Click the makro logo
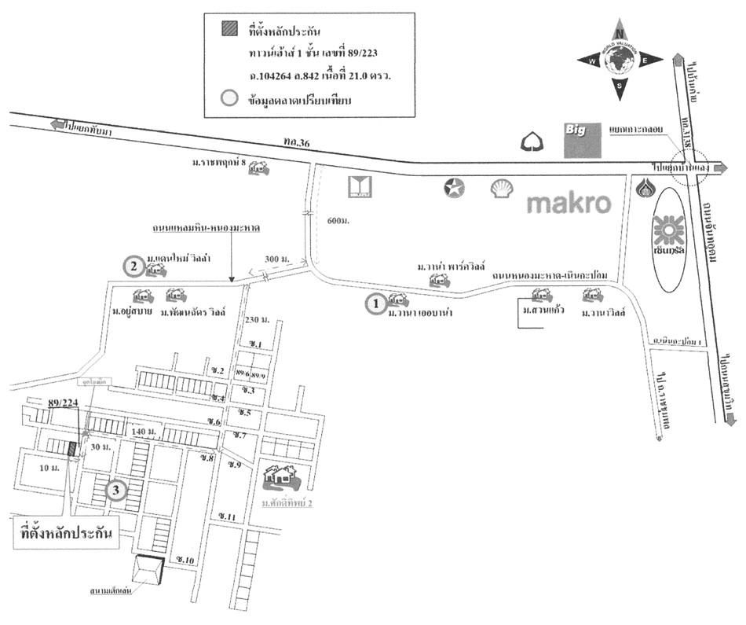click(569, 203)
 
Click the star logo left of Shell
click(455, 188)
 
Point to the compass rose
click(620, 60)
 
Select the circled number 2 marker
click(134, 267)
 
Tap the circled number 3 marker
click(116, 491)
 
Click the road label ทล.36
click(299, 142)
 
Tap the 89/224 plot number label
click(64, 403)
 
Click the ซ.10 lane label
click(185, 559)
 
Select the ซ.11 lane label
click(228, 516)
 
